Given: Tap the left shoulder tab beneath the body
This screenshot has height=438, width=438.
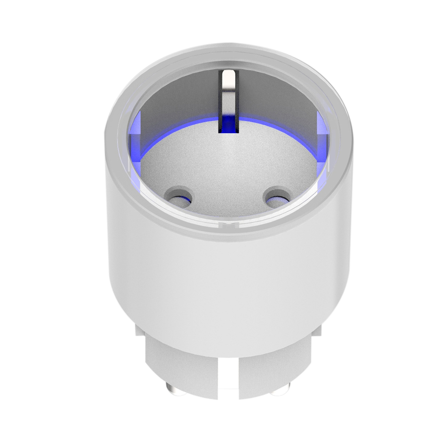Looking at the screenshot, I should click(139, 328).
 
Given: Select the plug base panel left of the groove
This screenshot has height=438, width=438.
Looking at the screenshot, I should click(182, 367).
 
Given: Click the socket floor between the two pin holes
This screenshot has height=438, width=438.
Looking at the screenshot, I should click(228, 191).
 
